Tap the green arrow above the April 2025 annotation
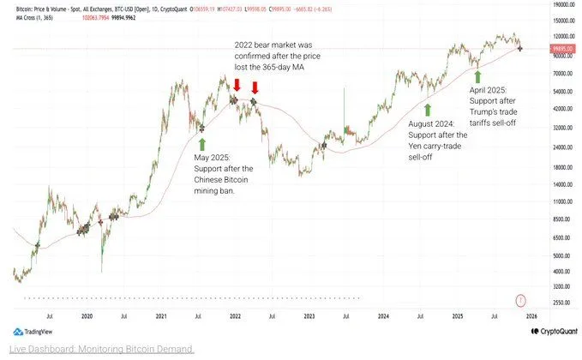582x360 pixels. (477, 75)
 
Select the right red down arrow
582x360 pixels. (255, 86)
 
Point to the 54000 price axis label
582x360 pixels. (561, 92)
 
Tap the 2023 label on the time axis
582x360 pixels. (309, 316)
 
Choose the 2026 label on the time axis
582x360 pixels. (531, 316)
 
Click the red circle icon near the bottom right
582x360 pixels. (520, 299)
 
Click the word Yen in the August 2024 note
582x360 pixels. (415, 146)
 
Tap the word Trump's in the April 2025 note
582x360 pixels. (485, 111)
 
